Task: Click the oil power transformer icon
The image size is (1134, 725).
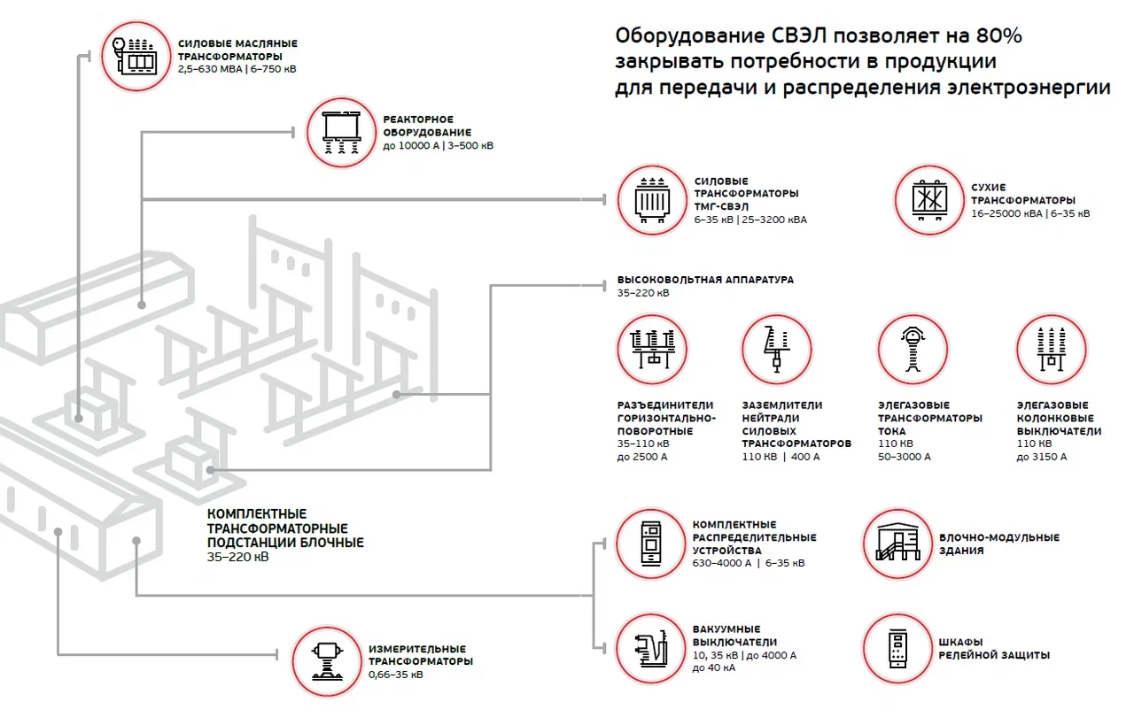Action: [136, 56]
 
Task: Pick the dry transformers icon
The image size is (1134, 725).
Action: [929, 200]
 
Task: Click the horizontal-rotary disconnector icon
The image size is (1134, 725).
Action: [651, 349]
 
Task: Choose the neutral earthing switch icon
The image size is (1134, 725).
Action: [776, 349]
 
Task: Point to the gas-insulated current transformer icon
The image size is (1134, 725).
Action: [912, 349]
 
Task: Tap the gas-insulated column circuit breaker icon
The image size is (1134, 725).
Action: [1050, 349]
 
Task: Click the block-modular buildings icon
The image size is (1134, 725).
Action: [897, 544]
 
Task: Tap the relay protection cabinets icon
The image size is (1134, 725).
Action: [897, 649]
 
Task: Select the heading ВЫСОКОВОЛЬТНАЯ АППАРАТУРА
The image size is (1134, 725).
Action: [705, 280]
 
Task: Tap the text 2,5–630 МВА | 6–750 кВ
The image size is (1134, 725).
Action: [237, 69]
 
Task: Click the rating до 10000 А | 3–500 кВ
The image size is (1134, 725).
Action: [439, 146]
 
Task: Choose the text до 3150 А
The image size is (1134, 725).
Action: [1042, 458]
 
